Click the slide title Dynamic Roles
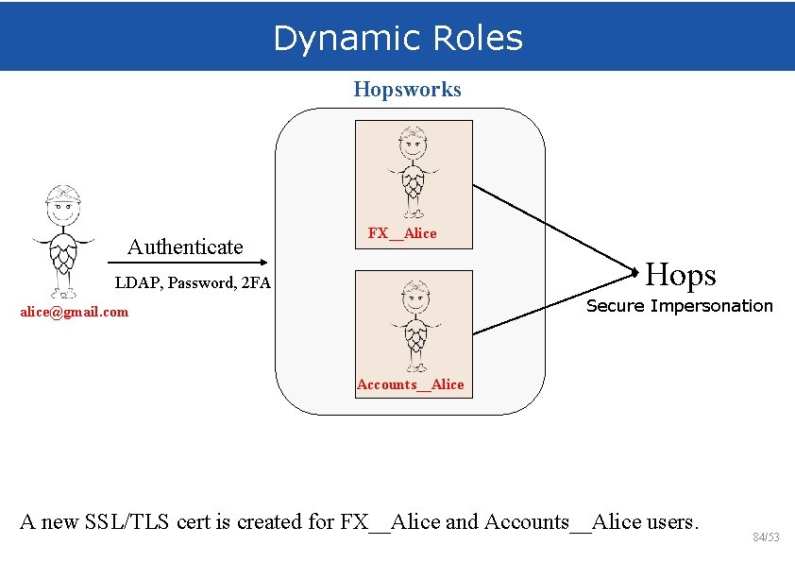click(x=397, y=39)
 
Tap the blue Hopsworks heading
click(x=407, y=90)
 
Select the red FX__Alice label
click(x=402, y=233)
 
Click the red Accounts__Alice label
click(x=411, y=384)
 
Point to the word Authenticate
click(x=185, y=247)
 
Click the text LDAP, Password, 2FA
click(x=193, y=282)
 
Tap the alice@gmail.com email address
click(x=75, y=312)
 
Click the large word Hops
click(x=681, y=275)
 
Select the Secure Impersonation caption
click(x=680, y=306)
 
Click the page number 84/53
click(x=767, y=537)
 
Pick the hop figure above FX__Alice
click(x=413, y=171)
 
